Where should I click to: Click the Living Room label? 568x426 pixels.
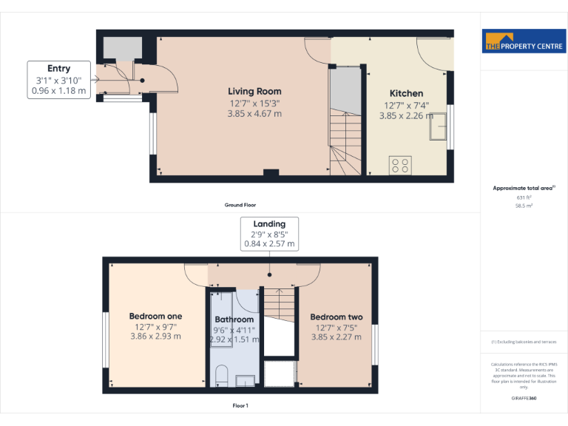click(254, 91)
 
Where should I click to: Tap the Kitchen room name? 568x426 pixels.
click(406, 93)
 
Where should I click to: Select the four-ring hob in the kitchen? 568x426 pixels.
click(400, 166)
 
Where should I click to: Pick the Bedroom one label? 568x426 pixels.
click(155, 317)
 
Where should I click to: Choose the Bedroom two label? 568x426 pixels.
click(337, 317)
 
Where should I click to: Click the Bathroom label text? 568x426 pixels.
click(234, 320)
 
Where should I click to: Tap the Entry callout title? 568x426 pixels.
click(58, 69)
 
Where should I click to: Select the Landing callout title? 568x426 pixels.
click(269, 223)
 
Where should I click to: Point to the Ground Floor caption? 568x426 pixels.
click(240, 205)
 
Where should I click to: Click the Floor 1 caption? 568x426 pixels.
click(240, 406)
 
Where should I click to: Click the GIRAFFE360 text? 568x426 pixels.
click(524, 398)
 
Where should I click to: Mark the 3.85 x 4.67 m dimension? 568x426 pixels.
click(254, 114)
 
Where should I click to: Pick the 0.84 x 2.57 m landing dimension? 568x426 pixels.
click(269, 243)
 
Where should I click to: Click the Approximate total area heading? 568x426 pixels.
click(523, 189)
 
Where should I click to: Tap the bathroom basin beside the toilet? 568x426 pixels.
click(245, 380)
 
